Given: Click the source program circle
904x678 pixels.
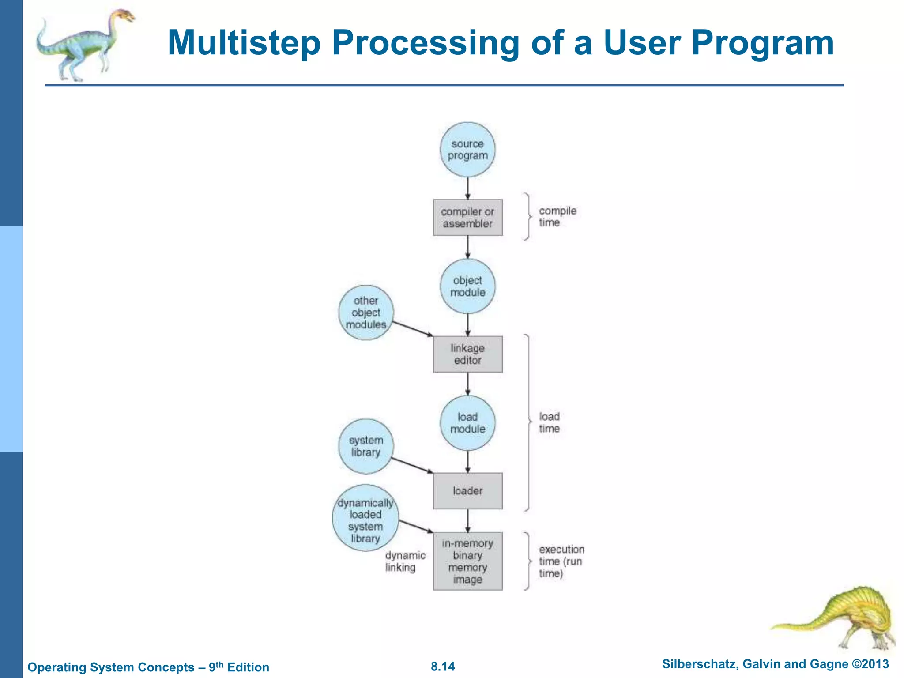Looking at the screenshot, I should [x=467, y=150].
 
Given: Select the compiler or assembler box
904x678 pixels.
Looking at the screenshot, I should [x=467, y=217].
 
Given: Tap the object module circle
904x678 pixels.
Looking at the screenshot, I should [x=467, y=286].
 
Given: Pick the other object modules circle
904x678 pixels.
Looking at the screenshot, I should [x=366, y=313].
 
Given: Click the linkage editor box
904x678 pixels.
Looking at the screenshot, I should [x=467, y=354].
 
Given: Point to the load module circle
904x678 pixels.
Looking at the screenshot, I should [x=467, y=423].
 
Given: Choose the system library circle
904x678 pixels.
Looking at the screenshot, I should [x=366, y=446].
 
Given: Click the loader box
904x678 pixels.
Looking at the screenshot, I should [x=467, y=491].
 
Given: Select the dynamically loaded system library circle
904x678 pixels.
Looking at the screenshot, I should [x=365, y=518].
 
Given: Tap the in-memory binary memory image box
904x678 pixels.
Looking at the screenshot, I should [x=467, y=561].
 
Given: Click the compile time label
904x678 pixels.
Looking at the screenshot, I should [x=557, y=217].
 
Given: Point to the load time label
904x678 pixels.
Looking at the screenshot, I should [x=549, y=422].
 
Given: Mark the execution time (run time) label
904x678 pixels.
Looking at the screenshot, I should [x=561, y=561].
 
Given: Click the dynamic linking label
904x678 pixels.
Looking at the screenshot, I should [x=405, y=561].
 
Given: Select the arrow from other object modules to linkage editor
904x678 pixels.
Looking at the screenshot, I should [x=412, y=329].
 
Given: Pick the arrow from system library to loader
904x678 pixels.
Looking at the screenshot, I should [x=412, y=465].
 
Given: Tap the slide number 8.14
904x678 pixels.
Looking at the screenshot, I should [x=443, y=666].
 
